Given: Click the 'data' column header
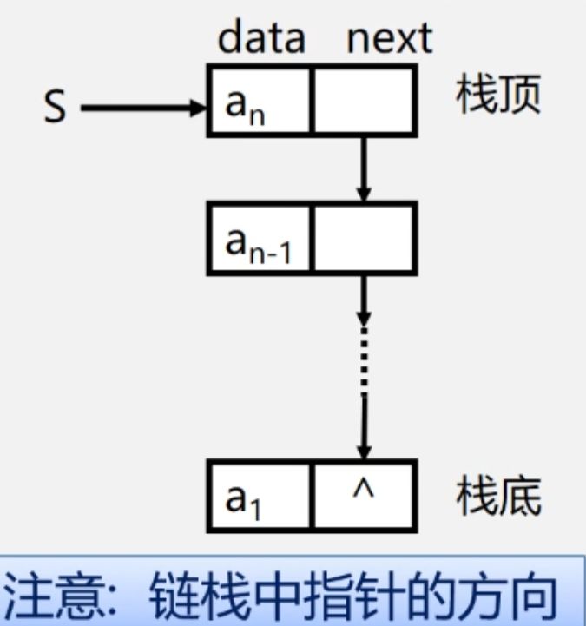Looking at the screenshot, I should click(261, 38).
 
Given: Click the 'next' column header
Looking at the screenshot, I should click(389, 38).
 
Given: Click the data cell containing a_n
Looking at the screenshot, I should click(259, 101).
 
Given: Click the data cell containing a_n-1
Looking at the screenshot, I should click(259, 237).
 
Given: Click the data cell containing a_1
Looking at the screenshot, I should click(259, 496).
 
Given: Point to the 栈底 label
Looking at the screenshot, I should click(499, 497).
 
